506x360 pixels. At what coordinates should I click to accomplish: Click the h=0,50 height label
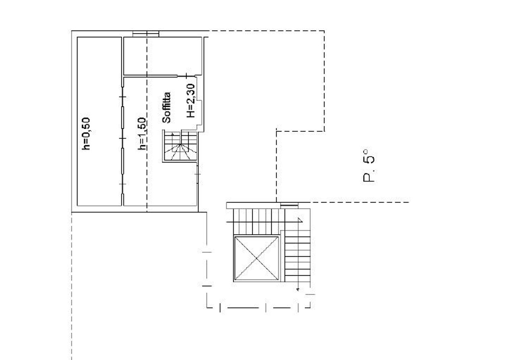tap(86, 133)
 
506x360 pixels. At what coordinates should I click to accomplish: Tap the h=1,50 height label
tap(142, 133)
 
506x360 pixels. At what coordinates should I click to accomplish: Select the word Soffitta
tap(167, 108)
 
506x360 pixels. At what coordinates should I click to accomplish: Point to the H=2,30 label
tap(191, 100)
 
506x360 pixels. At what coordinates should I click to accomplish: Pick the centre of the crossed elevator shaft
tap(257, 259)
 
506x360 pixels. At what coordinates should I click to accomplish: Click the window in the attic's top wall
tap(146, 33)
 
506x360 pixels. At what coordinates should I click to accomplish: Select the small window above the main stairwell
tap(289, 205)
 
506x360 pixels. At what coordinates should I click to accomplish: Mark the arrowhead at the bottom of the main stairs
tap(298, 289)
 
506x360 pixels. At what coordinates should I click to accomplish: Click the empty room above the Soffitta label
tap(163, 56)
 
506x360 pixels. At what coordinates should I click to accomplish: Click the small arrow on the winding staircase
tap(173, 134)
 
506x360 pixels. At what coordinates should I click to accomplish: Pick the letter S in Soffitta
tap(167, 119)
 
